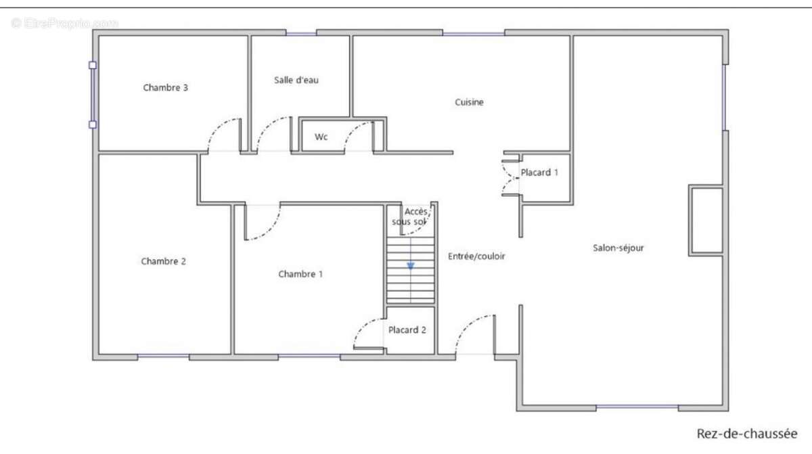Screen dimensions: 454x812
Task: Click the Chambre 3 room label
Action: (165, 87)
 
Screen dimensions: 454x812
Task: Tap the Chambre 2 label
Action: (163, 261)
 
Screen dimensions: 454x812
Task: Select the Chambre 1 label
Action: (300, 274)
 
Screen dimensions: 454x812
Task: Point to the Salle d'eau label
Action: (296, 80)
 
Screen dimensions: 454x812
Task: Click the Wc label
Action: (321, 137)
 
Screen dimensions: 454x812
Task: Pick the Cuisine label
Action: (469, 102)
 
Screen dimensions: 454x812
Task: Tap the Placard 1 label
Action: (539, 173)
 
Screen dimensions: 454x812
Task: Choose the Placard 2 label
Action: (407, 330)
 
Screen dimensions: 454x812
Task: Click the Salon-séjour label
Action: (618, 248)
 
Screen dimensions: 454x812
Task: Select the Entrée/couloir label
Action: (476, 256)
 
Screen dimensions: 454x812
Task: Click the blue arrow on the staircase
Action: (410, 265)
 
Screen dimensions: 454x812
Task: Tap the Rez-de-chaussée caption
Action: (747, 433)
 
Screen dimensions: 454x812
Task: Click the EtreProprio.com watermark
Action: (64, 23)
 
